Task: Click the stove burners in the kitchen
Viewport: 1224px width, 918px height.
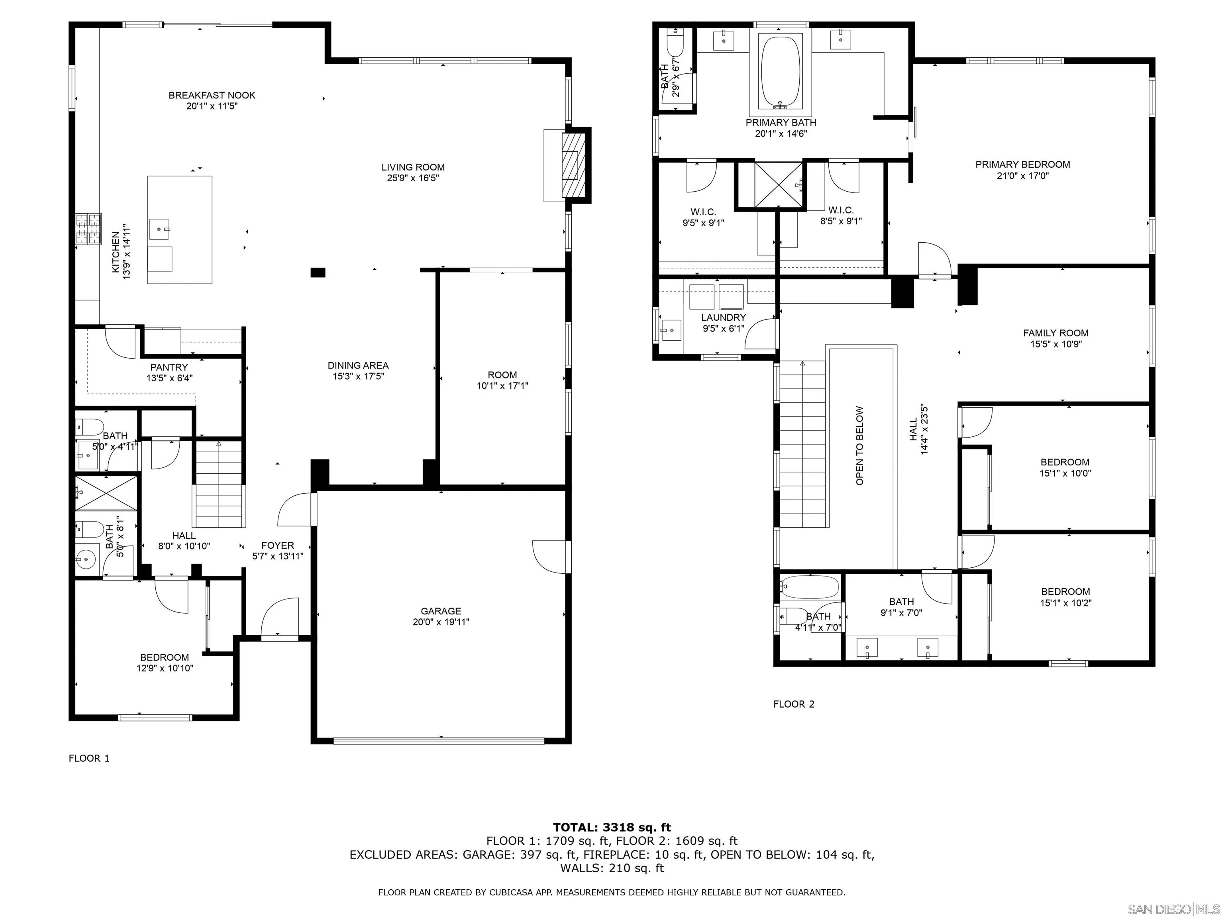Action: click(88, 229)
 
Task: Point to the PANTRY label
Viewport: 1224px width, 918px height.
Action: click(169, 367)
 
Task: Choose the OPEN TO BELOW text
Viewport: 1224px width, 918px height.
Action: click(859, 446)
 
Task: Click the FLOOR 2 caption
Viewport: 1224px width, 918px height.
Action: click(794, 704)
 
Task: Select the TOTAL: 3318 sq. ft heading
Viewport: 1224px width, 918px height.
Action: click(612, 827)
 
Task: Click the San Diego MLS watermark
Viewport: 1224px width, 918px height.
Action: click(1173, 909)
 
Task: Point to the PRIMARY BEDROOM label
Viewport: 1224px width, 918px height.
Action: click(1022, 164)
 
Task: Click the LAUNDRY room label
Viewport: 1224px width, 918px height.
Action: click(723, 317)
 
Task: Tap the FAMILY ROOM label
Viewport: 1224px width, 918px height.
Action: click(1055, 333)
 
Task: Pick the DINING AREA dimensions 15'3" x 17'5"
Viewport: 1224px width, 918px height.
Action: click(358, 376)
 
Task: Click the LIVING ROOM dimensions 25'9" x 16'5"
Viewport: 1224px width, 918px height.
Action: click(413, 178)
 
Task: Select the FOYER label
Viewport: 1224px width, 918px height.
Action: click(277, 545)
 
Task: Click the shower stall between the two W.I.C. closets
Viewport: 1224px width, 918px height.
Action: click(779, 184)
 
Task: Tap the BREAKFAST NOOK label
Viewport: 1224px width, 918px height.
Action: click(212, 95)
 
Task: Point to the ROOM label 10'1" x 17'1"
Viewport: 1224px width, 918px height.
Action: click(502, 380)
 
